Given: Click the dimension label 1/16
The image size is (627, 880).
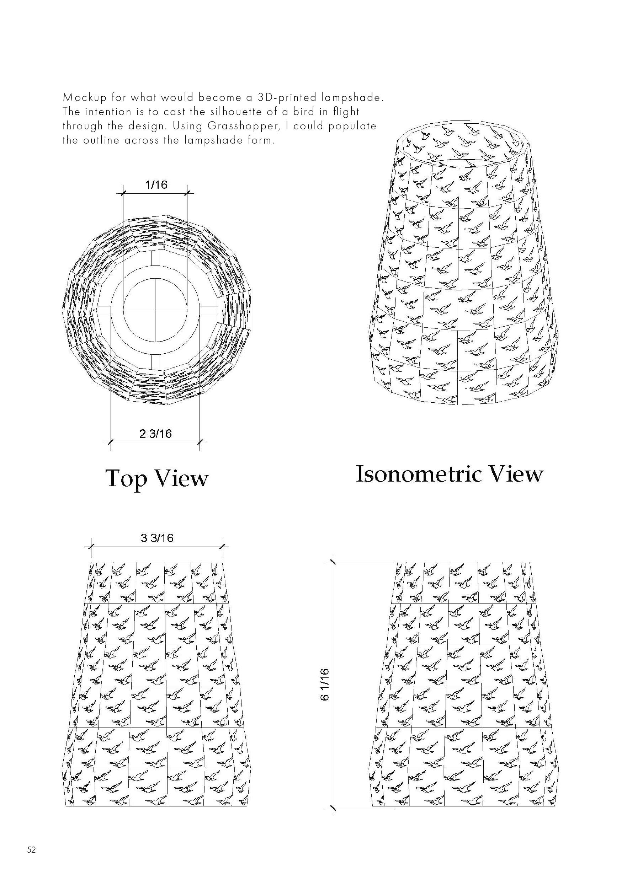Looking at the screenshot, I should click(x=156, y=185).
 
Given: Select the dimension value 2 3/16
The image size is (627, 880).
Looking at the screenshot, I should click(x=155, y=434).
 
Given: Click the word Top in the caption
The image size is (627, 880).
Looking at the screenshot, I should click(x=126, y=478).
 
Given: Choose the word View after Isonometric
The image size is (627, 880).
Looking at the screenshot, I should click(x=516, y=474).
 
